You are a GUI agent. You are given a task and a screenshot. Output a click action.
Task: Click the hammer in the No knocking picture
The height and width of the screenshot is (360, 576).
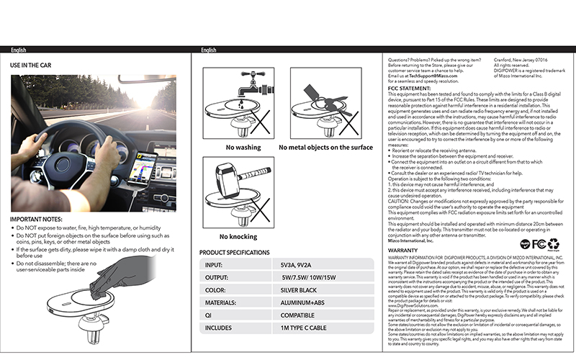tap(237, 179)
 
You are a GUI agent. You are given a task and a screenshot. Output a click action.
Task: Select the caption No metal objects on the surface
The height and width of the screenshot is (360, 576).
tap(325, 148)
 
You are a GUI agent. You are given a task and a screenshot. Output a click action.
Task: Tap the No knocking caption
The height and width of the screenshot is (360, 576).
tap(239, 235)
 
